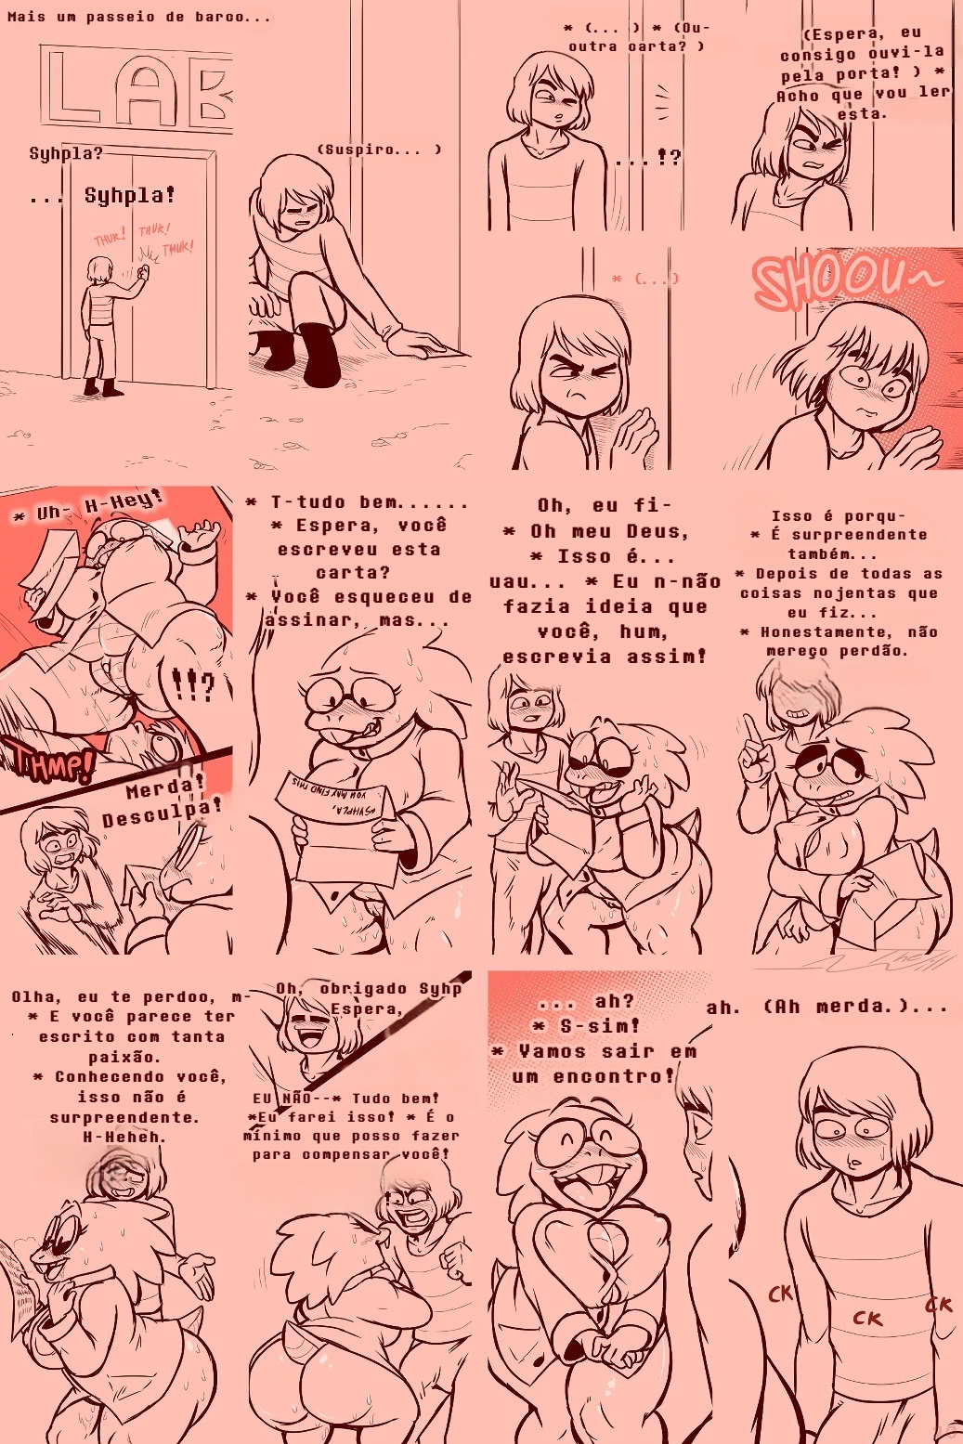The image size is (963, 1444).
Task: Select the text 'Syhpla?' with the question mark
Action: pyautogui.click(x=65, y=153)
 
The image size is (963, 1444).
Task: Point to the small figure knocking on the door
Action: pyautogui.click(x=102, y=325)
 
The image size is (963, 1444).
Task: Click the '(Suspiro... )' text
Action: pyautogui.click(x=379, y=150)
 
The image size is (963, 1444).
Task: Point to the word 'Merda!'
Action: pyautogui.click(x=163, y=789)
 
